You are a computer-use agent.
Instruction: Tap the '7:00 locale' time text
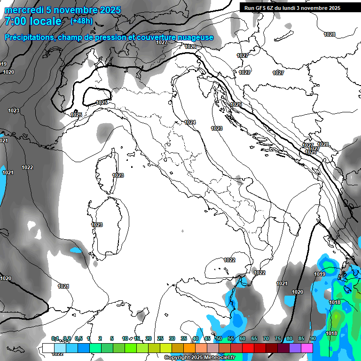(x=33, y=21)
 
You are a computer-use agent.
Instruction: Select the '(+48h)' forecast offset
(x=81, y=21)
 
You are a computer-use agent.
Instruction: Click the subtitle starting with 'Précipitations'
(x=109, y=37)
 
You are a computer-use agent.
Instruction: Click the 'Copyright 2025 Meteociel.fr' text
(x=199, y=358)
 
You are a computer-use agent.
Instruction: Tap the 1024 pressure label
(x=190, y=122)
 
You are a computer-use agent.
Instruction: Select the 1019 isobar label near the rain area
(x=320, y=274)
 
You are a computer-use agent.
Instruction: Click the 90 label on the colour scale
(x=313, y=338)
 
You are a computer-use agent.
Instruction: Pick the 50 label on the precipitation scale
(x=219, y=338)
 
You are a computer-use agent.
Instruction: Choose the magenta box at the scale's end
(x=307, y=348)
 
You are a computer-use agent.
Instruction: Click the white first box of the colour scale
(x=48, y=348)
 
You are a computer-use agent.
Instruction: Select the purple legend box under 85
(x=295, y=348)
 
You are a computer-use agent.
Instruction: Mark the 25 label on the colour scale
(x=160, y=338)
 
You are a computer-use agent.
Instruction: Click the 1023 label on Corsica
(x=118, y=175)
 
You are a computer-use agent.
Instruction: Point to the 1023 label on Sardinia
(x=97, y=225)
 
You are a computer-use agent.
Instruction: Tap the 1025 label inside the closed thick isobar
(x=102, y=102)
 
